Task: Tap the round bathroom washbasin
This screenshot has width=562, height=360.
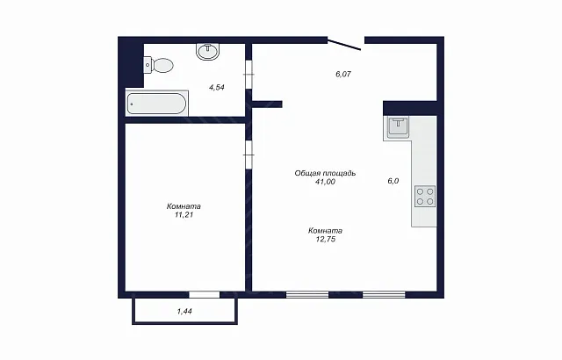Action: (x=208, y=52)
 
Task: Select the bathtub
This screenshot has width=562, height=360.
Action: (x=157, y=104)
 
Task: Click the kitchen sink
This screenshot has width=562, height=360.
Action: (x=398, y=127)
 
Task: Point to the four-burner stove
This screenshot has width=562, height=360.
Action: (x=425, y=197)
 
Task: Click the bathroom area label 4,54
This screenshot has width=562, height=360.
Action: (x=217, y=87)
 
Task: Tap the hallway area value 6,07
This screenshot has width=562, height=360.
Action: (x=343, y=74)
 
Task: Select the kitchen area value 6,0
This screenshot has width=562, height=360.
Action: (x=393, y=181)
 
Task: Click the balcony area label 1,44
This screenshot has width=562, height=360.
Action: (x=184, y=312)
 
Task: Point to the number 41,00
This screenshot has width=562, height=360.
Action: (x=326, y=182)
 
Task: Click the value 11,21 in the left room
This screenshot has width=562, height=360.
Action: (x=184, y=215)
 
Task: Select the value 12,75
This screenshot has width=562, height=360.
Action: (x=326, y=240)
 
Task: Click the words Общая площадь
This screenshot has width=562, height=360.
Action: (x=325, y=173)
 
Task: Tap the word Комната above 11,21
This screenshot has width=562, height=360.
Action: (x=184, y=206)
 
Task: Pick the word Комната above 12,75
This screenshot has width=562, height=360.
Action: (x=326, y=231)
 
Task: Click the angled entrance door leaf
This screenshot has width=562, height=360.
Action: (x=344, y=45)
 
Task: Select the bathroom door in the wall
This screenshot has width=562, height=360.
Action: (x=249, y=74)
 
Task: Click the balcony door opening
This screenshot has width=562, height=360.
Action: (x=205, y=294)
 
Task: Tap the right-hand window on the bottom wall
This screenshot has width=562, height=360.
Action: (x=384, y=294)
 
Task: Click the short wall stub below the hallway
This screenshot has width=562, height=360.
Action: (x=267, y=104)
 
